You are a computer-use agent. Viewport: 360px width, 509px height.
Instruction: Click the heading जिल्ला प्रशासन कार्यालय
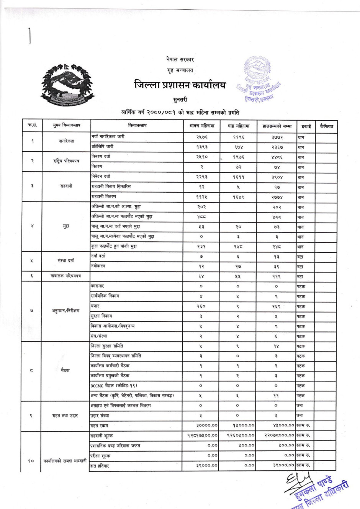(x=180, y=85)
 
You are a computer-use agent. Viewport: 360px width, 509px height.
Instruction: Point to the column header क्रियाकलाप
(x=137, y=126)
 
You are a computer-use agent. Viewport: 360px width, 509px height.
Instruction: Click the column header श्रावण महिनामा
(x=202, y=126)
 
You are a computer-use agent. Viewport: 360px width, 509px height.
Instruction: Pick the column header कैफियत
(x=326, y=126)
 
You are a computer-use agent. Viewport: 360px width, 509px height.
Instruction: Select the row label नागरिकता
(x=66, y=141)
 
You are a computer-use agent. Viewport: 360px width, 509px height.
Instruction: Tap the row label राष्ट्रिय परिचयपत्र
(x=66, y=161)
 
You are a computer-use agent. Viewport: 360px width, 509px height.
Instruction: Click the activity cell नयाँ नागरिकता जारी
(x=108, y=137)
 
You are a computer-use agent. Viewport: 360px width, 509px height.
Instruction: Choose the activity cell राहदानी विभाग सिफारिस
(x=111, y=187)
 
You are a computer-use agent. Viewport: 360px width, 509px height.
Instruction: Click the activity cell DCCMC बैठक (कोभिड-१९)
(x=114, y=386)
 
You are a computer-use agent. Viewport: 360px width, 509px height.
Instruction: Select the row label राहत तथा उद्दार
(x=65, y=416)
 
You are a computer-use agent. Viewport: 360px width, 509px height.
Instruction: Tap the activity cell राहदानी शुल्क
(x=101, y=436)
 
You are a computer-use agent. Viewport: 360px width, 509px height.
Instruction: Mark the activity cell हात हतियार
(x=100, y=466)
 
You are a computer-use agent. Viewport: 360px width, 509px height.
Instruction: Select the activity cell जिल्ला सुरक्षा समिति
(x=107, y=346)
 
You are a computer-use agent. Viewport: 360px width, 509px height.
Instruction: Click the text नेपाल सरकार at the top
(x=180, y=59)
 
